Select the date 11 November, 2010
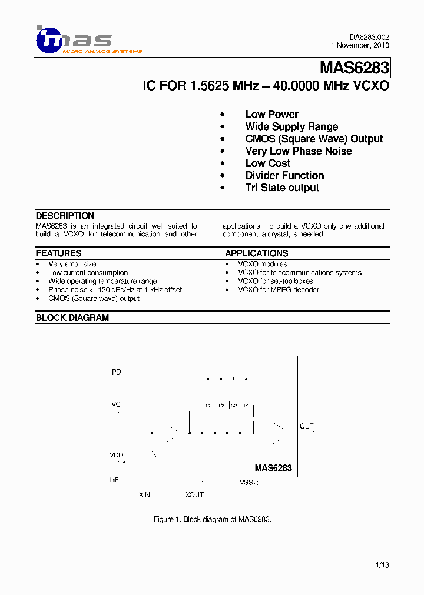(358, 46)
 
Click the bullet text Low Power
(271, 114)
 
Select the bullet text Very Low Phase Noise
(298, 151)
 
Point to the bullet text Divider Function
(284, 175)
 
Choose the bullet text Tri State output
(282, 188)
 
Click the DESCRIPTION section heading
(65, 216)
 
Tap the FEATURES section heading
(58, 253)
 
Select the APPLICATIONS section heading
(256, 253)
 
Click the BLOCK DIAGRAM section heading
(72, 317)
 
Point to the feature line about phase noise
(115, 290)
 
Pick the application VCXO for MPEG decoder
(279, 290)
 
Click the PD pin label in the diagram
(117, 372)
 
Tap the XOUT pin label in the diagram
(194, 495)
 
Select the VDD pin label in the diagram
(117, 455)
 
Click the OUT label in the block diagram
(307, 426)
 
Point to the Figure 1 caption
(212, 519)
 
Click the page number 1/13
(382, 565)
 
